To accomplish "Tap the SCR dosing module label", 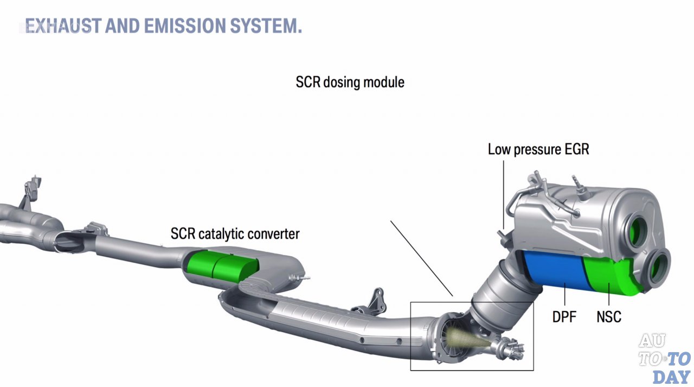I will (x=350, y=83).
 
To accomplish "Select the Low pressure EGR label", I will (x=538, y=149).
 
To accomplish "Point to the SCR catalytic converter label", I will (x=235, y=234).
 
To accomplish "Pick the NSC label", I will (x=609, y=316).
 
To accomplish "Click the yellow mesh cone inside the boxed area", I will (x=469, y=339).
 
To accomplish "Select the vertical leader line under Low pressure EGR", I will (x=503, y=190).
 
